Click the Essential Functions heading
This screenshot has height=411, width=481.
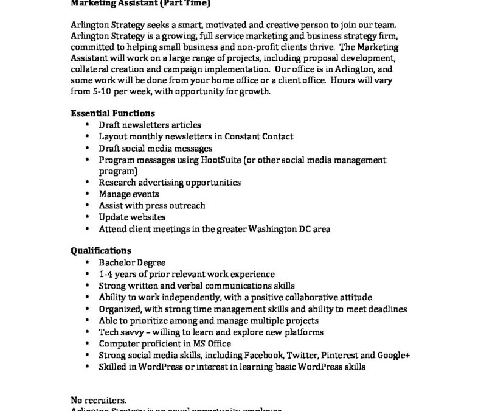[112, 113]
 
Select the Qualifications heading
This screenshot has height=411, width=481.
[100, 250]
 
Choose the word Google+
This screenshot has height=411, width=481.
[393, 355]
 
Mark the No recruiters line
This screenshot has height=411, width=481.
[99, 400]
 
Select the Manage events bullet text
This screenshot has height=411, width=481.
[129, 194]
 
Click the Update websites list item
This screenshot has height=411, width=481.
[132, 217]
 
